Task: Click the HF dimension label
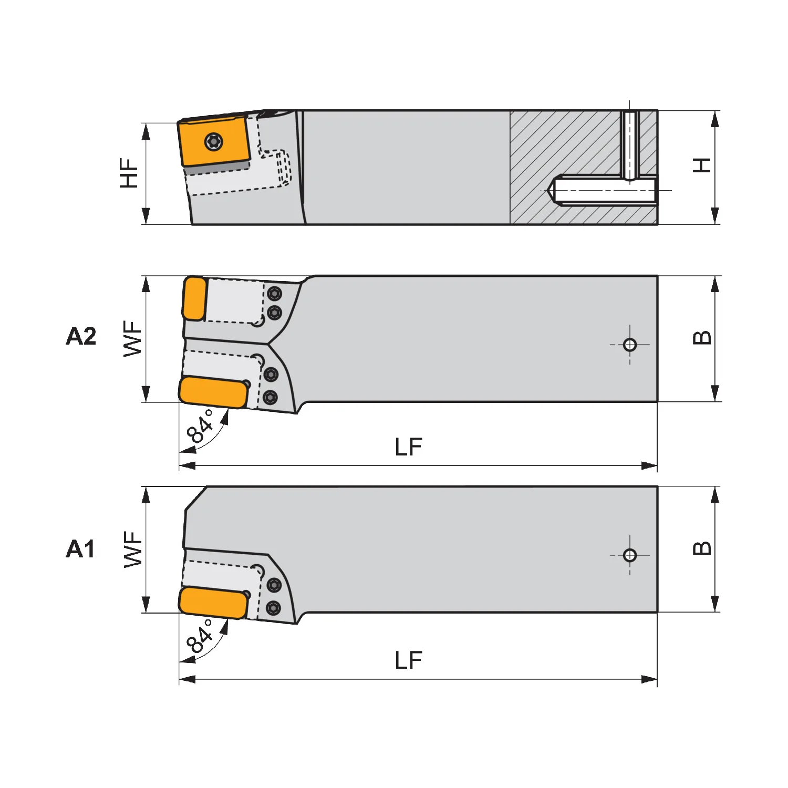129,173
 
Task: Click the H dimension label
702,165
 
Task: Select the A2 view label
81,336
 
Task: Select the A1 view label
80,549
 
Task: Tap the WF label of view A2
132,339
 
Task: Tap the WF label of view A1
133,549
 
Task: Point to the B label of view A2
702,337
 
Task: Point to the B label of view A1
702,548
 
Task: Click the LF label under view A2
408,447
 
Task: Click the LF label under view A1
408,660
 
